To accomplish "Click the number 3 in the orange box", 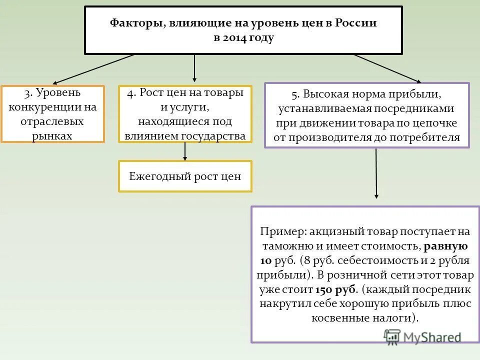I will click(27, 93).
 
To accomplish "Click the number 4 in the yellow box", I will click(130, 93).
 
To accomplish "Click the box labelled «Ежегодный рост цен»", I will click(185, 176).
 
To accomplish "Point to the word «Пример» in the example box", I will click(282, 232).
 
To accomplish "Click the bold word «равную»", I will click(446, 246).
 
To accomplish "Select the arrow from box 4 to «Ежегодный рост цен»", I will click(185, 151).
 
